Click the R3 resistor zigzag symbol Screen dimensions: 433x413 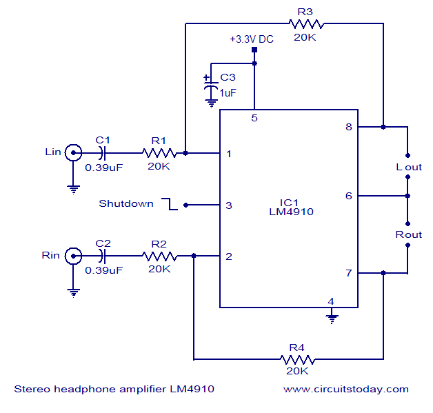[306, 24]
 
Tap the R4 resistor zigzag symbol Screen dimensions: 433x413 [297, 359]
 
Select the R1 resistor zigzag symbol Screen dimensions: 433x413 [159, 153]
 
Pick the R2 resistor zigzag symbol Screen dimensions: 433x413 [159, 256]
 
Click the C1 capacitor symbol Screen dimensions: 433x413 [102, 153]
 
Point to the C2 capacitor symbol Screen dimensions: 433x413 [102, 256]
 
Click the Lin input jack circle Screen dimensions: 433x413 [73, 152]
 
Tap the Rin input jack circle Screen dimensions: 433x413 [73, 256]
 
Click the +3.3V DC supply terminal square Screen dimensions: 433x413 [254, 50]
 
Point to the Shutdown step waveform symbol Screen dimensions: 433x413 [170, 204]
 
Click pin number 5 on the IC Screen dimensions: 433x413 [254, 118]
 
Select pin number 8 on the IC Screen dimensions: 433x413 [349, 127]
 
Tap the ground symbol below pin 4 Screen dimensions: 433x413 [332, 319]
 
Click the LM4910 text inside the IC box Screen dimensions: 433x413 [292, 212]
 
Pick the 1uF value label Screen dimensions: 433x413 [228, 93]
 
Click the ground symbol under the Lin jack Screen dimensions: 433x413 [73, 190]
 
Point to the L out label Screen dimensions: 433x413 [409, 167]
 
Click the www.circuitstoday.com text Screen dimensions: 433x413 [346, 390]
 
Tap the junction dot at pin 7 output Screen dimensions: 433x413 [383, 273]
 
